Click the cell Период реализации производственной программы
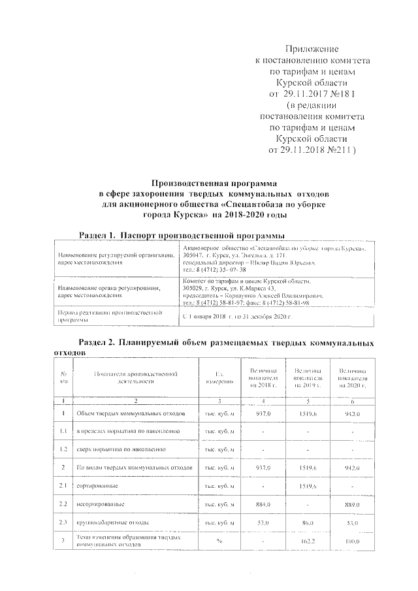tap(110, 316)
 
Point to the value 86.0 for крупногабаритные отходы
tap(307, 522)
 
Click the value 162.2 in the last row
tap(307, 542)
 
